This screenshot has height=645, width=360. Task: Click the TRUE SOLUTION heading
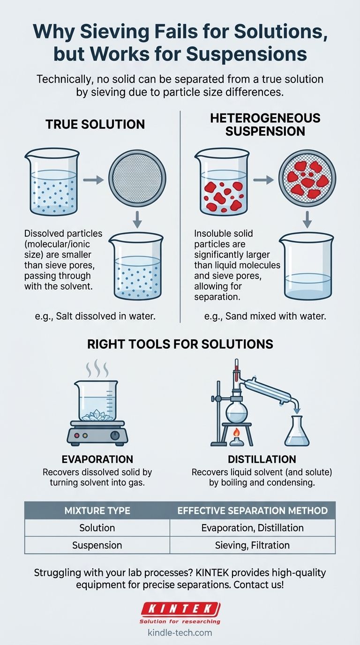[95, 124]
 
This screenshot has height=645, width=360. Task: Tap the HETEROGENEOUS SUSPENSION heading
[265, 124]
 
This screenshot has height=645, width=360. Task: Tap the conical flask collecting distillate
[297, 430]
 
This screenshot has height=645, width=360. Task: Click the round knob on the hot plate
[115, 435]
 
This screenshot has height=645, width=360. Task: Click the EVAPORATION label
[97, 459]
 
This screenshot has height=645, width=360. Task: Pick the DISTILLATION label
[262, 459]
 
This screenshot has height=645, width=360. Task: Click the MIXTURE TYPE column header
[97, 511]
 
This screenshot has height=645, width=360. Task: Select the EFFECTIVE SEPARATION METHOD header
[252, 511]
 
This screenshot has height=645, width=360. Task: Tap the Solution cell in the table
[97, 528]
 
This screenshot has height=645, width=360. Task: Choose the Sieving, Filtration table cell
[252, 545]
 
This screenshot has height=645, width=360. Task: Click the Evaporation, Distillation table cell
[252, 528]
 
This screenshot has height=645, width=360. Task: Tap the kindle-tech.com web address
[180, 633]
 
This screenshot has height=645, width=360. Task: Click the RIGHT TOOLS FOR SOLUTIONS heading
[180, 344]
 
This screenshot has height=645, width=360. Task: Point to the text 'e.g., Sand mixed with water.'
[265, 316]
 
